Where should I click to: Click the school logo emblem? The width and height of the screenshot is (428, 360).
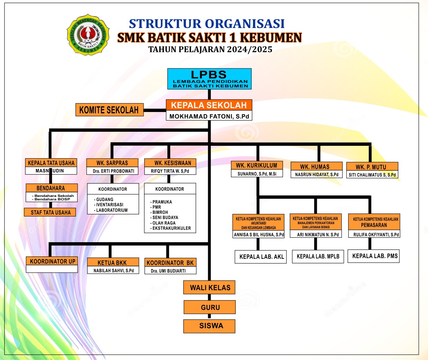tap(88, 35)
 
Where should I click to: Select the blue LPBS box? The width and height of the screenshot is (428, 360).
tap(209, 79)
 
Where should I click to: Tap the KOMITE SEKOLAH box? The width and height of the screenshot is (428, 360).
tap(109, 110)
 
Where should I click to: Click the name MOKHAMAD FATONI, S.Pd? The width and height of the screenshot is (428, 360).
tap(209, 116)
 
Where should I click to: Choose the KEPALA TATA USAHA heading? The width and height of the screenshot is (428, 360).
tap(51, 163)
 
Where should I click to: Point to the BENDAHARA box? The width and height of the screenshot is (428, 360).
tap(51, 188)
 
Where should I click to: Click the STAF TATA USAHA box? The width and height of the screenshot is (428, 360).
tap(50, 212)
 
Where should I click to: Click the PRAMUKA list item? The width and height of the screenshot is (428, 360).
tap(162, 202)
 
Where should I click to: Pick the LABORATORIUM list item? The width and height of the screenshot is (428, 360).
tap(111, 210)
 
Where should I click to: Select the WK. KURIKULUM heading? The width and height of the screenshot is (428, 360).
tap(256, 165)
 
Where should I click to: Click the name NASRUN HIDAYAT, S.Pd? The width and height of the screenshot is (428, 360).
tap(317, 174)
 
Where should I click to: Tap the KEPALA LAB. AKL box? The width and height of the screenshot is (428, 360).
tap(261, 257)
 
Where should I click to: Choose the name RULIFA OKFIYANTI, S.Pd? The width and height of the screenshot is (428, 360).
tap(376, 235)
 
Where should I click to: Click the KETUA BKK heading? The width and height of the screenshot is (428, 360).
tap(112, 263)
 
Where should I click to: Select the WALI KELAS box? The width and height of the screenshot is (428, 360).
tap(210, 287)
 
